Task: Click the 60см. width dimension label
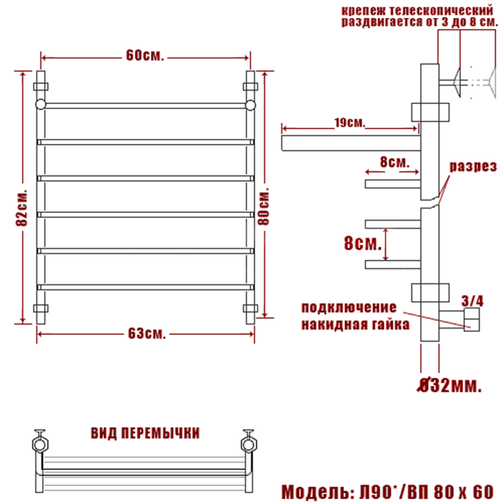pos(145,55)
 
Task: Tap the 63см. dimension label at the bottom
pos(147,333)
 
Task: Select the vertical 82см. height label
pos(22,208)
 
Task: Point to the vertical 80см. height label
pos(264,206)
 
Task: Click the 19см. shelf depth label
pos(350,123)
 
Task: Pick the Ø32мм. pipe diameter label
pos(450,385)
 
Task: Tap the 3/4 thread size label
pos(472,301)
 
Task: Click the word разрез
pos(473,167)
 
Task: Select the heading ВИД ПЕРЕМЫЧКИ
pos(145,433)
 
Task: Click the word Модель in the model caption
pos(315,492)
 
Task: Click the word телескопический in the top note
pos(441,11)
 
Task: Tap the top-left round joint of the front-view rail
pos(41,105)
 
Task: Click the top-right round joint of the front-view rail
pos(250,105)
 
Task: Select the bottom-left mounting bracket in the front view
pos(41,309)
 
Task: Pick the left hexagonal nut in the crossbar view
pos(40,445)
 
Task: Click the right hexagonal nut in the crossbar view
pos(249,445)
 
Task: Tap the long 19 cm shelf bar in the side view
pos(351,143)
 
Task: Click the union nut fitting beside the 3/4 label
pos(471,319)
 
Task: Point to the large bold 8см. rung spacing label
pos(363,243)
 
